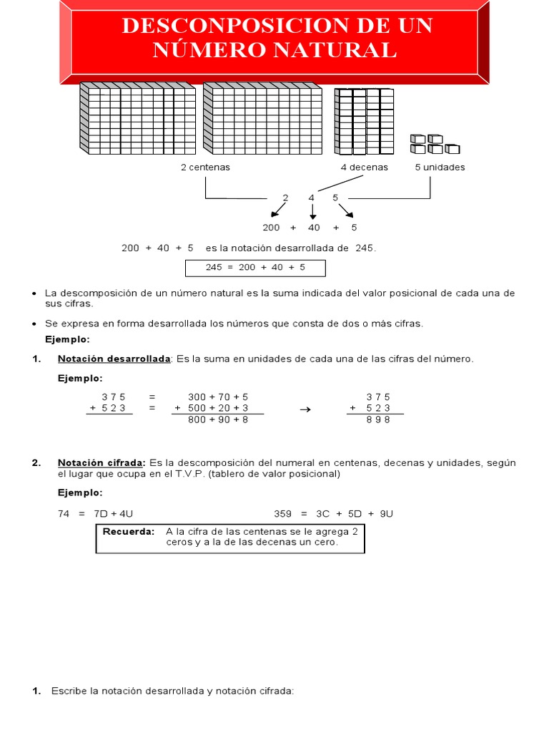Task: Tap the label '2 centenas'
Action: [205, 168]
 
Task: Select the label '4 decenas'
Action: [365, 168]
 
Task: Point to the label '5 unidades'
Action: [440, 168]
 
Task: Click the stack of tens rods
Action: [365, 120]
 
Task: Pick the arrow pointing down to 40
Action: [312, 212]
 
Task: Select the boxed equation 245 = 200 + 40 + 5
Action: [255, 268]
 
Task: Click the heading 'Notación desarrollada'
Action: [114, 359]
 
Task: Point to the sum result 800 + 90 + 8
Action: [218, 420]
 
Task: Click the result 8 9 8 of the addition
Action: [378, 420]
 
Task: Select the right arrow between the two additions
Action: [305, 409]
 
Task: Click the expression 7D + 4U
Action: [115, 514]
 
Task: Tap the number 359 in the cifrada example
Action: [283, 514]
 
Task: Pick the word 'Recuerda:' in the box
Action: [129, 532]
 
